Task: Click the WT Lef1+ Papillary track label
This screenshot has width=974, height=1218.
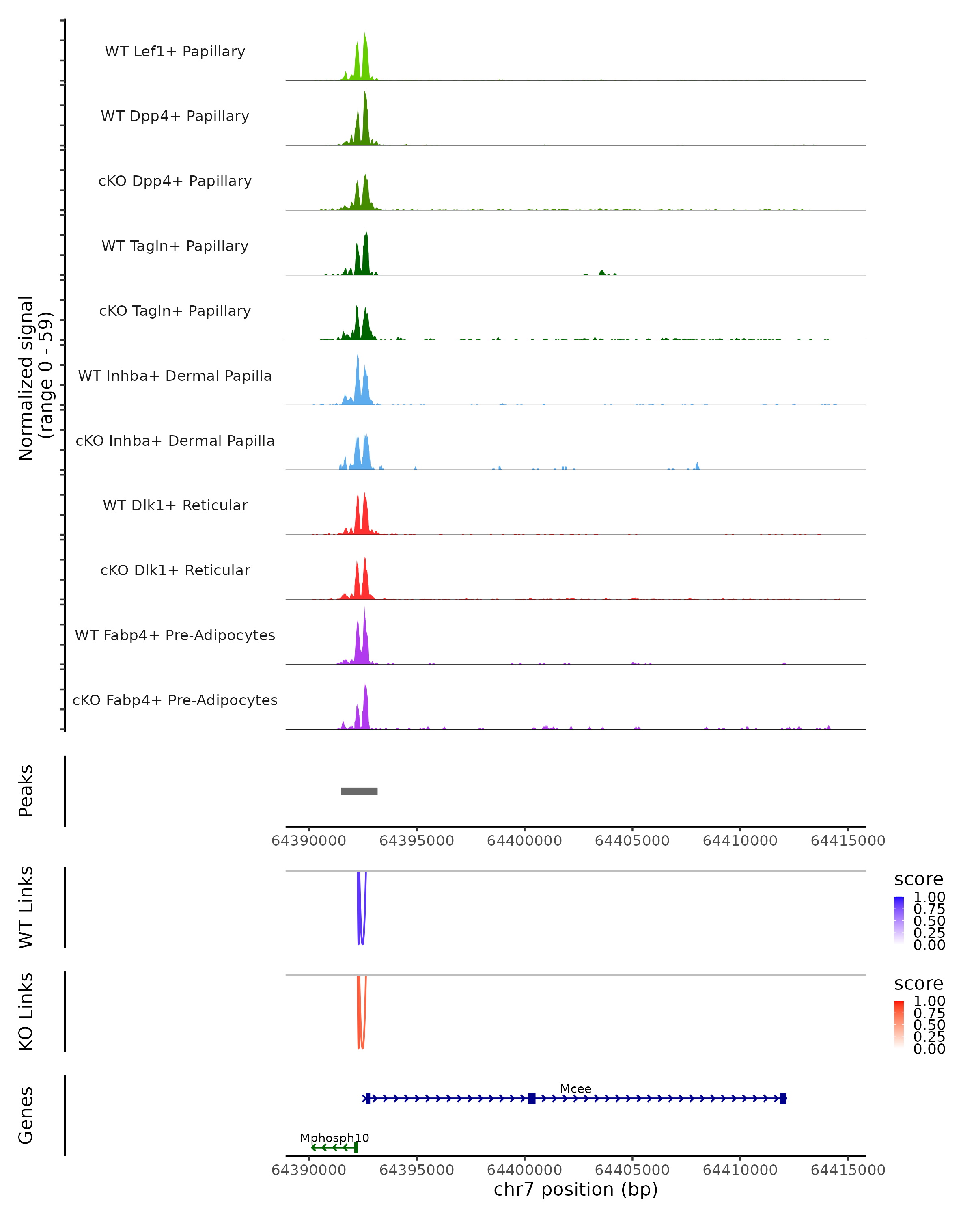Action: tap(175, 52)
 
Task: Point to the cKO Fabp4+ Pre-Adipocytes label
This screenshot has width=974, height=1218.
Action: tap(175, 700)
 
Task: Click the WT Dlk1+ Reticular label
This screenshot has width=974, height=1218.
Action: tap(175, 505)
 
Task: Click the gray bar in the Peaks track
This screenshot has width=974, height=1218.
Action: tap(359, 791)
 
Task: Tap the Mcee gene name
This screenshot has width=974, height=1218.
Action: tap(575, 1088)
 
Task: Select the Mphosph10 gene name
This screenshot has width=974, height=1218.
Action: tap(334, 1138)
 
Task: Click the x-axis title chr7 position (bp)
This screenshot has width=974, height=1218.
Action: tap(575, 1189)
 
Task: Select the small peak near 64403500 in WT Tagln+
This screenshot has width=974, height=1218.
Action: tap(602, 272)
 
